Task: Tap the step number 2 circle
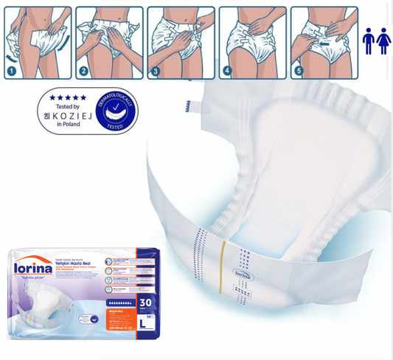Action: tap(84, 71)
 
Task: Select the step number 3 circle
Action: tap(156, 71)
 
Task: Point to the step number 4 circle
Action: tap(227, 71)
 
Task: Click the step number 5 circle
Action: tap(299, 71)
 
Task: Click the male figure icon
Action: tap(368, 41)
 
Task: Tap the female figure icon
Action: tap(383, 41)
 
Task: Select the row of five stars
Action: tap(67, 97)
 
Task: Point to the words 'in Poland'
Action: tap(67, 125)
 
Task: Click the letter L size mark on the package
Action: tap(142, 323)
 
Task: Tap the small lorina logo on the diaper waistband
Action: tap(243, 272)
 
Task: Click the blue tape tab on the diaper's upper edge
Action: tap(189, 105)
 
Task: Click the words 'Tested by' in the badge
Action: tap(67, 107)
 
